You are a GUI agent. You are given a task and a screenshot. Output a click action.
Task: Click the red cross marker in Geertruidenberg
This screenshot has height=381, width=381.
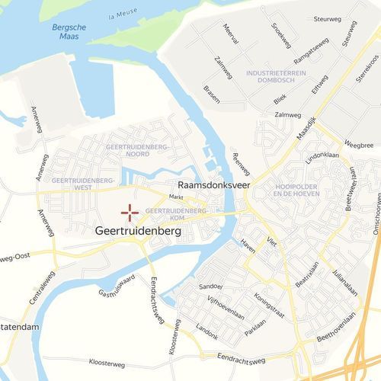(x=129, y=213)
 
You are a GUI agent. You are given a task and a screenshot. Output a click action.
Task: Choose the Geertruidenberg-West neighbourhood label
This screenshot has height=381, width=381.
(x=83, y=184)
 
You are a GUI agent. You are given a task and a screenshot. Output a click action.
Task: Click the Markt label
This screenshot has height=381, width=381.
(x=177, y=197)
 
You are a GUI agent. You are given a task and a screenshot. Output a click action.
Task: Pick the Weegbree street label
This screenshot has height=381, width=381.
(x=359, y=144)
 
